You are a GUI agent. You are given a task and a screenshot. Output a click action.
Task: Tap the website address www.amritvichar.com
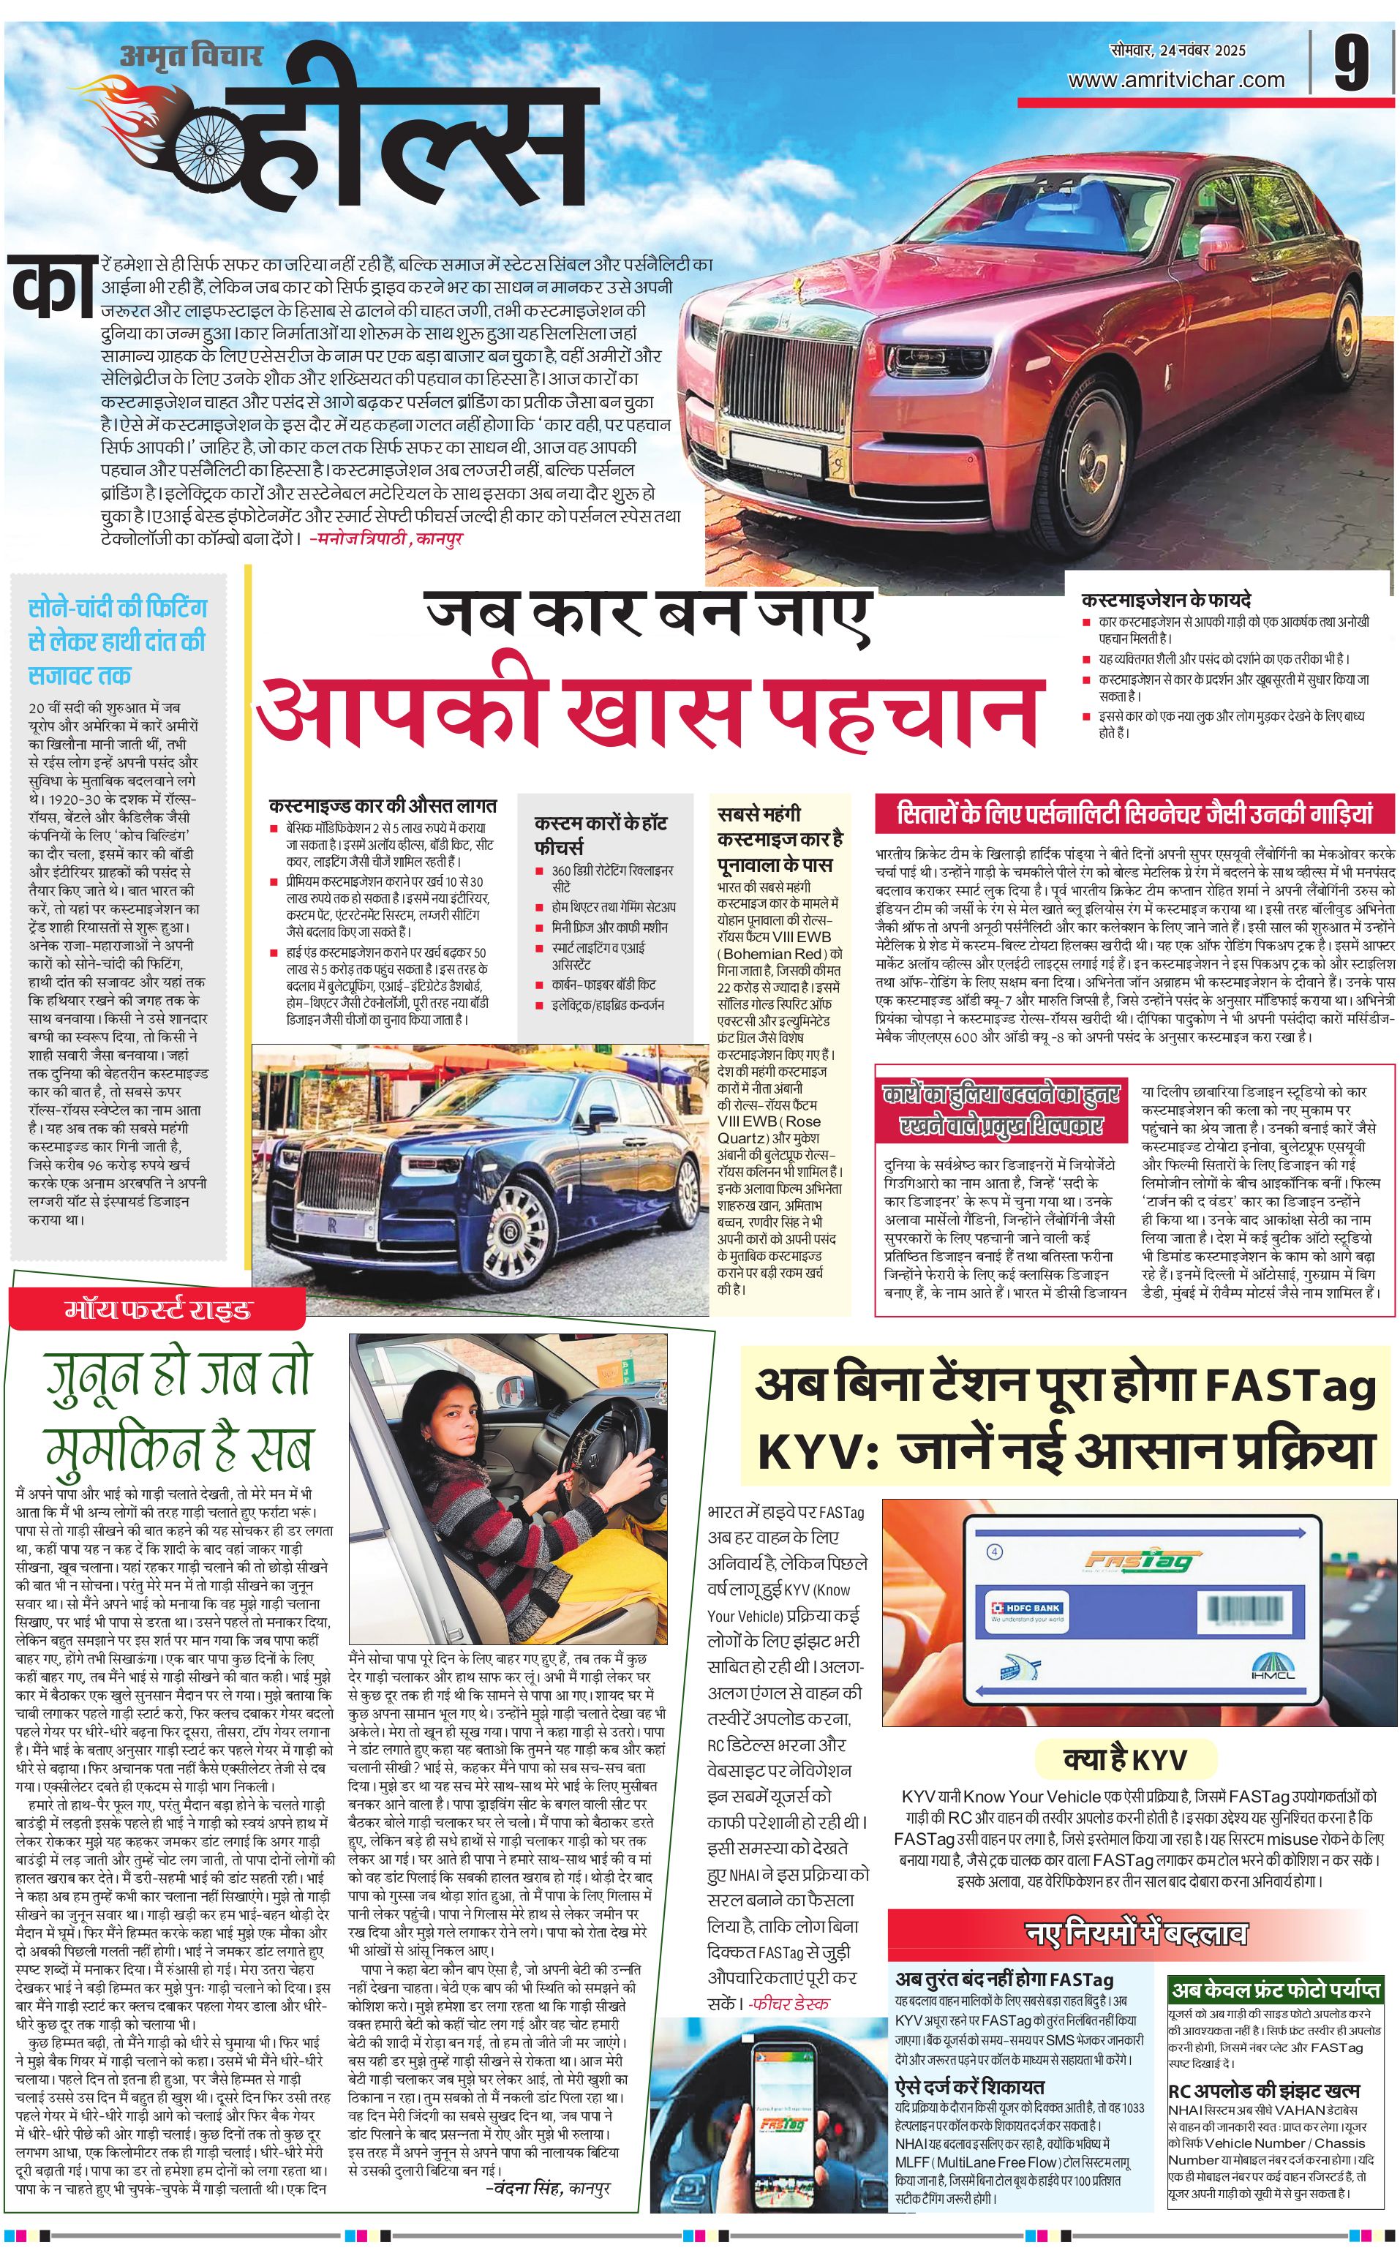[x=1176, y=80]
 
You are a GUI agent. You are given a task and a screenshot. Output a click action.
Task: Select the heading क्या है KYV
[x=1124, y=1759]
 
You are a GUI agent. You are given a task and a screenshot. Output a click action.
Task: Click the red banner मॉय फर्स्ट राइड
[x=157, y=1309]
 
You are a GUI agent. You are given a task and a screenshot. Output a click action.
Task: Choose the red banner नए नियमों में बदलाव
[x=1137, y=1933]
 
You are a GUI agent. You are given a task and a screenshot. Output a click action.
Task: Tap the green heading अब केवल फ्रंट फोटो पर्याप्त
[x=1275, y=1989]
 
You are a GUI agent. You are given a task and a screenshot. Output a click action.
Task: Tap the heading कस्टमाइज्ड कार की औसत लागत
[x=383, y=805]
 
